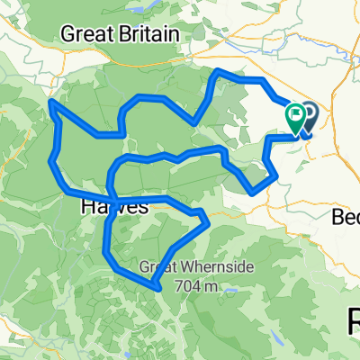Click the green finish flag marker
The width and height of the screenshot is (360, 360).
point(295,116)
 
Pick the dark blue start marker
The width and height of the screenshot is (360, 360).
point(308,115)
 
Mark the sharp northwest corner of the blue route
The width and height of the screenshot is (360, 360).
point(52,103)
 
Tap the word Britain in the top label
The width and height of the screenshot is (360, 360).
point(150,35)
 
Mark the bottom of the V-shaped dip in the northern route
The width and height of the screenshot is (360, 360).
point(195,121)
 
